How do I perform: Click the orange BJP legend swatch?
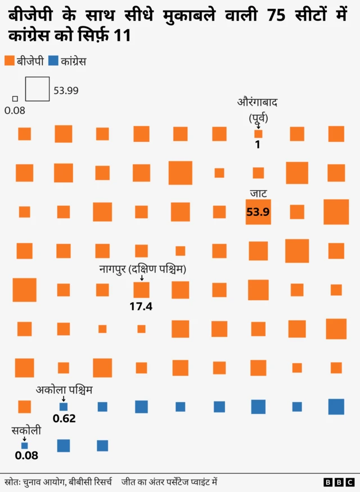pos(9,61)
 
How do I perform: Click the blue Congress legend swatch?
pos(54,61)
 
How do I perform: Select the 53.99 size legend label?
pos(66,90)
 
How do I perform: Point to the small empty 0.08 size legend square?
pos(15,99)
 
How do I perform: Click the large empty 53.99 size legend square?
pos(37,89)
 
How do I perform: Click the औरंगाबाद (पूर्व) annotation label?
pos(258,110)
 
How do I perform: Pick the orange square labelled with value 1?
pos(258,134)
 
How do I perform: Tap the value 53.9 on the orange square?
pos(258,212)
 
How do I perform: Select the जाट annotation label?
pos(258,194)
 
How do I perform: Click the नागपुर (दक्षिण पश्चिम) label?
pos(142,269)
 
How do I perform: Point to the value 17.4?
pos(141,306)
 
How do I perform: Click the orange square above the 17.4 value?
pos(141,290)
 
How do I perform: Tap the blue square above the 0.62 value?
pos(64,407)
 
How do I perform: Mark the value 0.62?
pos(64,419)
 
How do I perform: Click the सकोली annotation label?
pos(25,431)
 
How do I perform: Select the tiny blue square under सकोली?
pos(24,445)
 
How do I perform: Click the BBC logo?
pos(339,482)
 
